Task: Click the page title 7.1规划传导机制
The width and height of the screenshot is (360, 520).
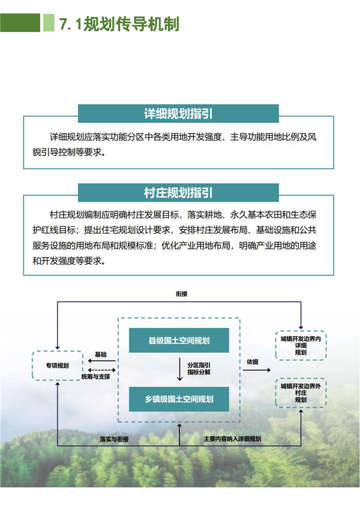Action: pyautogui.click(x=119, y=24)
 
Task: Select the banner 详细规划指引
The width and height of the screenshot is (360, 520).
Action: pyautogui.click(x=178, y=113)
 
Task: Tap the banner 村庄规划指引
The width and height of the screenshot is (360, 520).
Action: pyautogui.click(x=178, y=192)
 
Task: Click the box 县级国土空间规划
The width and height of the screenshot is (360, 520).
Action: pyautogui.click(x=179, y=340)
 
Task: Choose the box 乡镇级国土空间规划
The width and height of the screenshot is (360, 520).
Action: pyautogui.click(x=179, y=399)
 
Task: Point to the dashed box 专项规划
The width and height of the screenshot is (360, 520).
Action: pyautogui.click(x=57, y=365)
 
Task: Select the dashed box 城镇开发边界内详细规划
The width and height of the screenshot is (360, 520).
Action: pyautogui.click(x=301, y=345)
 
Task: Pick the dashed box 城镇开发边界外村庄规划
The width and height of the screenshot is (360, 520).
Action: pyautogui.click(x=301, y=392)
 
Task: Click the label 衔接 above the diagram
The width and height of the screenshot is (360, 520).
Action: pyautogui.click(x=181, y=294)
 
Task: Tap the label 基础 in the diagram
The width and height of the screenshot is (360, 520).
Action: pyautogui.click(x=101, y=354)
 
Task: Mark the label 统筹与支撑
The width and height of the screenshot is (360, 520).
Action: pyautogui.click(x=95, y=376)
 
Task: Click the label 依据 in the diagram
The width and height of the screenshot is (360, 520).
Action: pyautogui.click(x=252, y=362)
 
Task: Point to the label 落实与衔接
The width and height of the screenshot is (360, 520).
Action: pyautogui.click(x=114, y=439)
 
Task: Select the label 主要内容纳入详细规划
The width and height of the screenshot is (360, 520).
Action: pyautogui.click(x=232, y=439)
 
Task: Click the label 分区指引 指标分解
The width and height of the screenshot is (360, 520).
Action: pyautogui.click(x=199, y=369)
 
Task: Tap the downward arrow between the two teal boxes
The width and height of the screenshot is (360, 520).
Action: pyautogui.click(x=179, y=369)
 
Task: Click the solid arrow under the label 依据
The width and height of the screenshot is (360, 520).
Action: pyautogui.click(x=256, y=370)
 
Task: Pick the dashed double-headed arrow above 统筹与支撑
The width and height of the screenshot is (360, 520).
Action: pyautogui.click(x=102, y=370)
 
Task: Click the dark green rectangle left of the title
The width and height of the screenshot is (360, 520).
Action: pyautogui.click(x=20, y=22)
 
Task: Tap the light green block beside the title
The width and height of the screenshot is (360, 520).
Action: pyautogui.click(x=48, y=22)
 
